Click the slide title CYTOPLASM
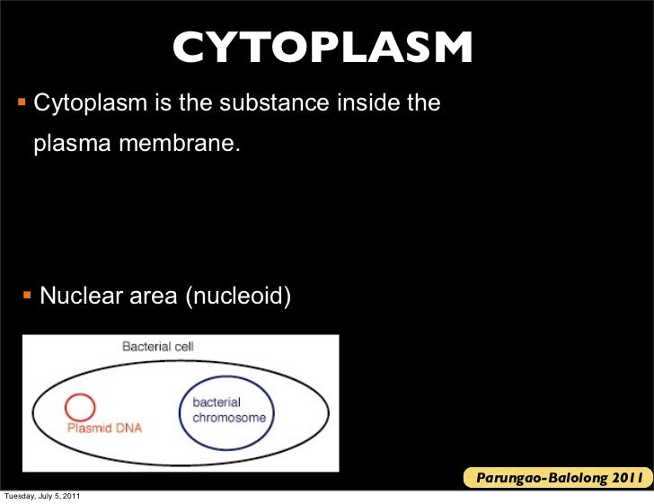coord(323,49)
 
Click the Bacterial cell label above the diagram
coord(158,346)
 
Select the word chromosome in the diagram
coord(230,419)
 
